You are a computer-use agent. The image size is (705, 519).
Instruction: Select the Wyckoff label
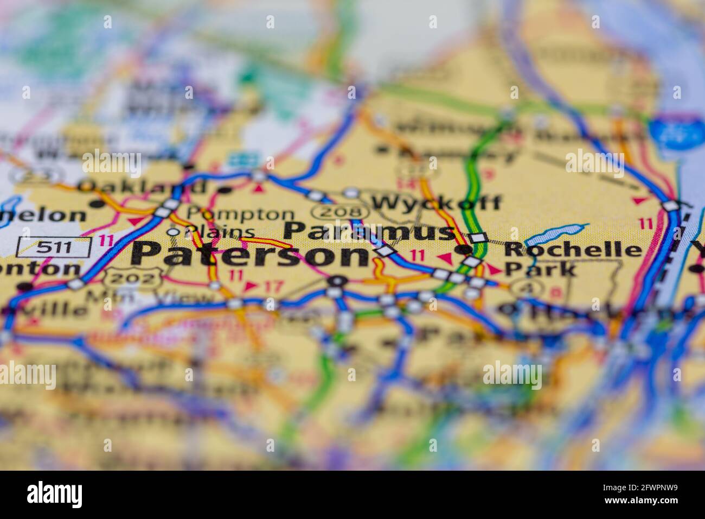coord(437,203)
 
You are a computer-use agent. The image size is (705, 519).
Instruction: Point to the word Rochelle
coord(573,250)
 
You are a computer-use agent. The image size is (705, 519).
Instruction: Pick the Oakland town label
coord(142,187)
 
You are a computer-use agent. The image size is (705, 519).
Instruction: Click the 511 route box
coord(54,248)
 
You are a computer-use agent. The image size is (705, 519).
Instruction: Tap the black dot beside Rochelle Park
coord(463,250)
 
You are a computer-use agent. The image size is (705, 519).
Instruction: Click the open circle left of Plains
coord(173,232)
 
